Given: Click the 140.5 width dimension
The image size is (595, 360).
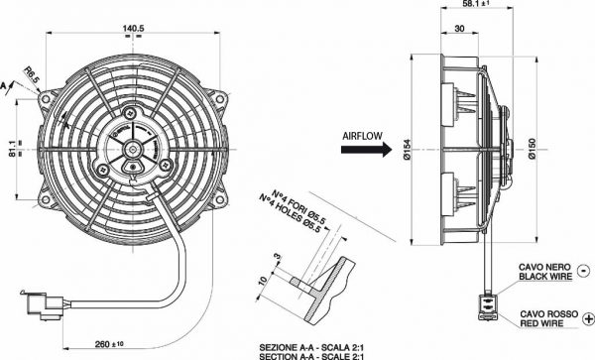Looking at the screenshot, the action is point(133,28).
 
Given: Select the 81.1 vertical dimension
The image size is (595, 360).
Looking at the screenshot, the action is point(12,149).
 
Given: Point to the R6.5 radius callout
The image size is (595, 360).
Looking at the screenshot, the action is point(32,75).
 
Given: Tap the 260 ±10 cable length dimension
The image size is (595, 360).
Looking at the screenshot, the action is point(109,344).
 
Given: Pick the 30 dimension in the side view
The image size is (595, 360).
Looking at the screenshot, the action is point(459,29).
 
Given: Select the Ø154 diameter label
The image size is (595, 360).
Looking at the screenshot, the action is point(407,150).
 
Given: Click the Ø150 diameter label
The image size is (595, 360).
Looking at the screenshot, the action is point(532,149).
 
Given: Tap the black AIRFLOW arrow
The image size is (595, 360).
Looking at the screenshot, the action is point(366,149).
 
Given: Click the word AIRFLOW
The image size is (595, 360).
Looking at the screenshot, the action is point(362,136).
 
